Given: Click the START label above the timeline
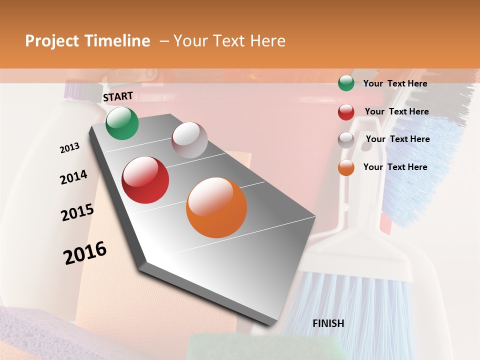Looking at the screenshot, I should coord(118,96).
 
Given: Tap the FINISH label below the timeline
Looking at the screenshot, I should coord(328,323).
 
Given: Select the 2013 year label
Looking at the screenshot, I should coord(69,148).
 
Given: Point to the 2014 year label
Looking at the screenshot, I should coord(73,177).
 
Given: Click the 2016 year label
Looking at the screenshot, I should coord(85,253).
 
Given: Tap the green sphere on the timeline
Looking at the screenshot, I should coord(122,123).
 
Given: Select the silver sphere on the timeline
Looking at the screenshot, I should coord(189,140).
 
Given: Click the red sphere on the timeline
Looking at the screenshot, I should coord(145,180).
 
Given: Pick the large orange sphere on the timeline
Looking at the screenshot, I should coord(216,207).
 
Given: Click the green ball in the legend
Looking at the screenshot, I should coord(346,83).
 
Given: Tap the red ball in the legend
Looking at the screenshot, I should coord(346,112).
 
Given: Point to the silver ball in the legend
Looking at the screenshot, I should coord(346,140).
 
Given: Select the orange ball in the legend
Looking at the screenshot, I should coord(346,168).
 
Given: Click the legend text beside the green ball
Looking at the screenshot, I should coord(395,83).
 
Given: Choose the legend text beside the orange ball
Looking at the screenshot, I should coord(395,167).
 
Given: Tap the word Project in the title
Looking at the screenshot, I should coord(52,41).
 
